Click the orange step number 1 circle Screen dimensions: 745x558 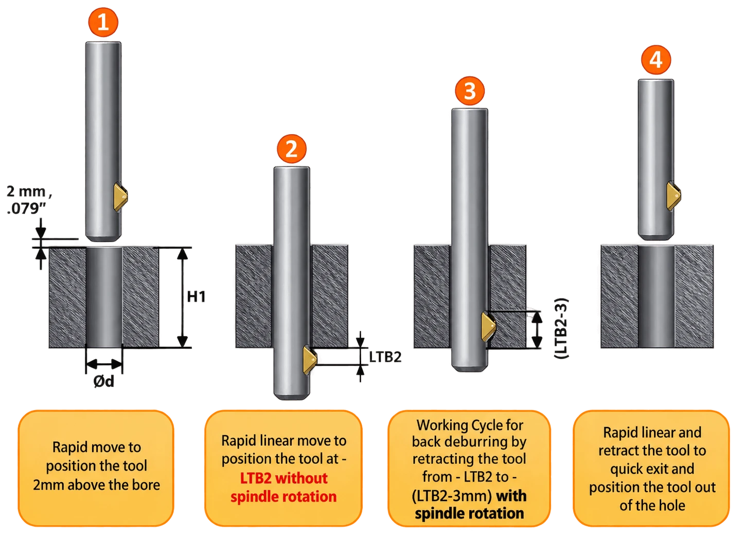[103, 23]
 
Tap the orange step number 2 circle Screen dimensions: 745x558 [292, 148]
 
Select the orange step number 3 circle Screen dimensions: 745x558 [470, 91]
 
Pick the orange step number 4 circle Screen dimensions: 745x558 [656, 60]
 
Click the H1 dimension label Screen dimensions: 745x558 [196, 297]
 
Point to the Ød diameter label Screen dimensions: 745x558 [104, 381]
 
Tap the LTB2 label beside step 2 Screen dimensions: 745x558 [385, 357]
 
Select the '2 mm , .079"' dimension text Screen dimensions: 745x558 [29, 200]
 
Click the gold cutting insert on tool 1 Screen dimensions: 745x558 [120, 197]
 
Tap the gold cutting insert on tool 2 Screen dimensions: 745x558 [310, 360]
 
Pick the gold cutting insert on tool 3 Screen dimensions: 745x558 [488, 327]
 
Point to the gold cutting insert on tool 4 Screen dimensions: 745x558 [673, 196]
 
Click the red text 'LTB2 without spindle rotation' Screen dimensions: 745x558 [283, 488]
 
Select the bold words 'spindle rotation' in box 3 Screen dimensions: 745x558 [469, 513]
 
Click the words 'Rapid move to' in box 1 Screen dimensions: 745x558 [97, 447]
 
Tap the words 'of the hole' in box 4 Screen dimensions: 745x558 [652, 506]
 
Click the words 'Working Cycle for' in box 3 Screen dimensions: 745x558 [470, 425]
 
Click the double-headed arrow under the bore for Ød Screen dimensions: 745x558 [104, 364]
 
